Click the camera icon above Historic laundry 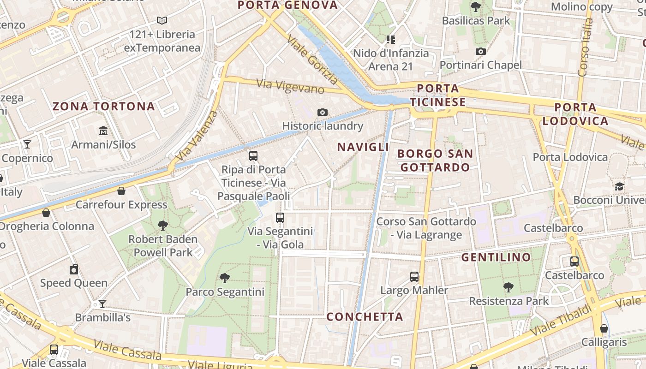pyautogui.click(x=323, y=112)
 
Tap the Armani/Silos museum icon pyautogui.click(x=103, y=131)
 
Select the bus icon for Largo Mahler pyautogui.click(x=414, y=277)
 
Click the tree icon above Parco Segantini pyautogui.click(x=225, y=278)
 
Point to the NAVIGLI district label pyautogui.click(x=363, y=147)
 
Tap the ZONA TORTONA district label pyautogui.click(x=103, y=107)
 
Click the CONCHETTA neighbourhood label pyautogui.click(x=365, y=317)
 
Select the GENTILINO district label pyautogui.click(x=496, y=257)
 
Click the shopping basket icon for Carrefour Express pyautogui.click(x=121, y=191)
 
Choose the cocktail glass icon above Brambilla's pyautogui.click(x=102, y=304)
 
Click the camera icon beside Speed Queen pyautogui.click(x=74, y=269)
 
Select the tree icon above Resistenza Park pyautogui.click(x=508, y=287)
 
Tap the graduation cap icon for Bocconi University pyautogui.click(x=619, y=186)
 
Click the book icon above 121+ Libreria pyautogui.click(x=161, y=20)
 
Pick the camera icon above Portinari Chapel pyautogui.click(x=480, y=51)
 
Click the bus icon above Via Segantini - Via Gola pyautogui.click(x=280, y=217)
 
